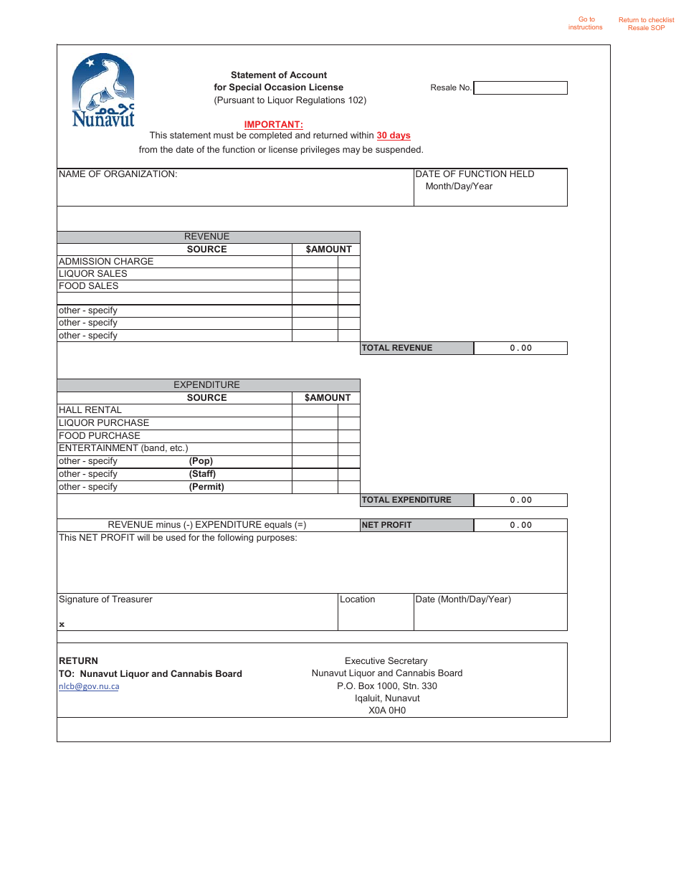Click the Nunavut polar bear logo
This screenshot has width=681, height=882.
103,90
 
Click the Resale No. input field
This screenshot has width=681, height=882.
520,87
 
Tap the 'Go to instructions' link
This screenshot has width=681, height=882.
586,24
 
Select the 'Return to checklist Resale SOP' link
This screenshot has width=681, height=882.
646,24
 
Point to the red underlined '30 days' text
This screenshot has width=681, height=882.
394,136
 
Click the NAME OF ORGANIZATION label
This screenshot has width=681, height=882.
118,174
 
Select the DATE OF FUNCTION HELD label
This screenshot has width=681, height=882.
475,174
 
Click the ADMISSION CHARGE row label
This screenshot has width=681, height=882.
106,262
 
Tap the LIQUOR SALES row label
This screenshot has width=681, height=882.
93,274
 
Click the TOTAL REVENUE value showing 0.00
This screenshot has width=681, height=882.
520,348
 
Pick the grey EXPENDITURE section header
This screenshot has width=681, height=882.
207,385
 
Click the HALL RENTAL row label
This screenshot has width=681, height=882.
90,410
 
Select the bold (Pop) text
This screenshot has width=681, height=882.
201,462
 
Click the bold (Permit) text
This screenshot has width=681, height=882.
206,487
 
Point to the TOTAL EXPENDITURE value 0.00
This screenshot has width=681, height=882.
520,501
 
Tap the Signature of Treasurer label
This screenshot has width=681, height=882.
105,599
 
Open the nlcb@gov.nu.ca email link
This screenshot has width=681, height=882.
89,686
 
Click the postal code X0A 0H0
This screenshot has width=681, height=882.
387,711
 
